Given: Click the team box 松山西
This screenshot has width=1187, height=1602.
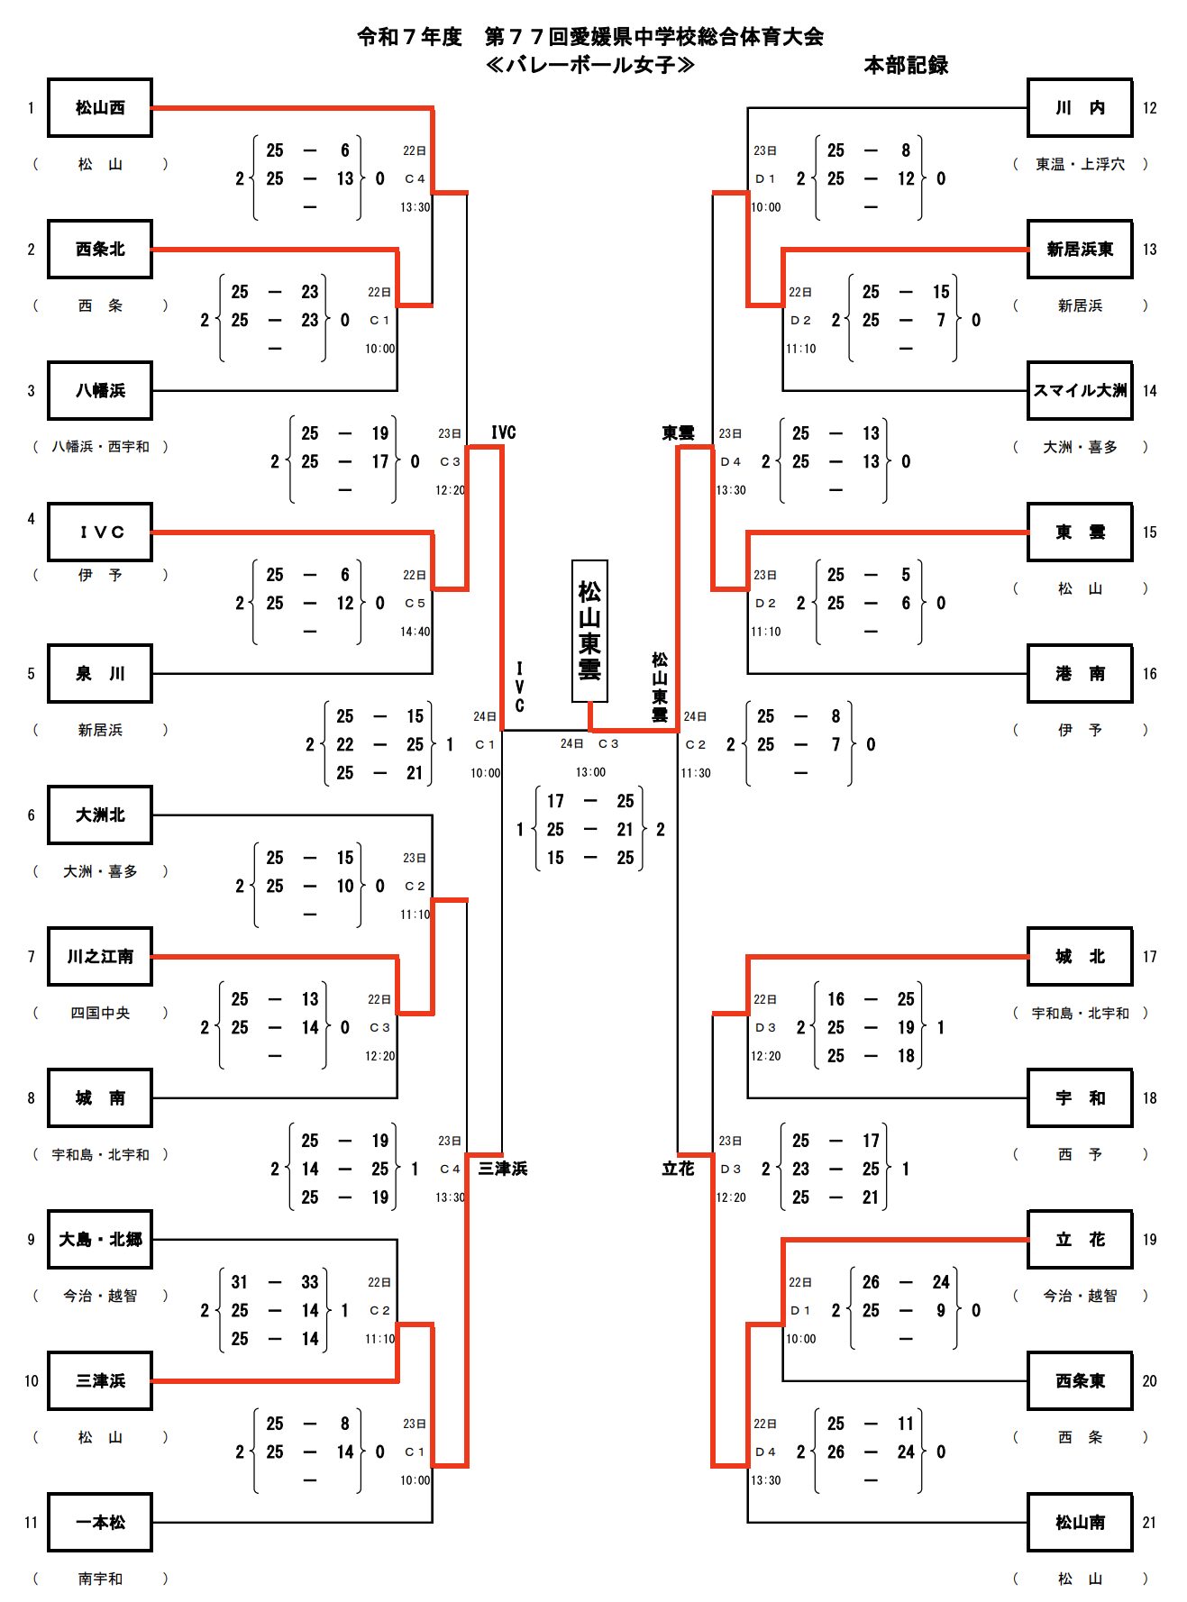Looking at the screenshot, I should pyautogui.click(x=100, y=108).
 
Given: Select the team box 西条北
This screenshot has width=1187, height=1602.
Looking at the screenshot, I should pyautogui.click(x=100, y=250).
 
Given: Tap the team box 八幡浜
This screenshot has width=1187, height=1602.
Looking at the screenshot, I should pyautogui.click(x=100, y=391).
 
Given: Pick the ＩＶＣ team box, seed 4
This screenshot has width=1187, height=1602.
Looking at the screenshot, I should pyautogui.click(x=100, y=532).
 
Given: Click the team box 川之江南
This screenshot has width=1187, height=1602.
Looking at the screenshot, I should pyautogui.click(x=100, y=957).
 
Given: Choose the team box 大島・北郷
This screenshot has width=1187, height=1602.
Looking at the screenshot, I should pyautogui.click(x=100, y=1240).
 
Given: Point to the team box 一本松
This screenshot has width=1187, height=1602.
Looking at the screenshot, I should pyautogui.click(x=100, y=1523).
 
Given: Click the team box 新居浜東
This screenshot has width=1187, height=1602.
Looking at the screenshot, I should pyautogui.click(x=1080, y=250).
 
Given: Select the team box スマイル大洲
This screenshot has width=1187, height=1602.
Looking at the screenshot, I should pyautogui.click(x=1080, y=391).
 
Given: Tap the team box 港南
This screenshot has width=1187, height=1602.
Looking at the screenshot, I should pyautogui.click(x=1080, y=674).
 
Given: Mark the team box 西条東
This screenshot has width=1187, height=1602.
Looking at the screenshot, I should pyautogui.click(x=1080, y=1381).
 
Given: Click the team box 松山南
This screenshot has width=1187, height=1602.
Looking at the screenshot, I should pyautogui.click(x=1080, y=1523).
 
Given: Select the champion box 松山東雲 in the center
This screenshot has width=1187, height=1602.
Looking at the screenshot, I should pyautogui.click(x=589, y=631).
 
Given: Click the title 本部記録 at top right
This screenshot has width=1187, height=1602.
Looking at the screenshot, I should pyautogui.click(x=906, y=65).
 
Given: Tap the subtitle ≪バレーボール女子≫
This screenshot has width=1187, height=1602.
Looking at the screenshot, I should pyautogui.click(x=590, y=65).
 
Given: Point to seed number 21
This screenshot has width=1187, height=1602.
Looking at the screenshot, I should pyautogui.click(x=1149, y=1523).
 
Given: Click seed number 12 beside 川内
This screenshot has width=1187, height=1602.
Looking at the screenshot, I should pyautogui.click(x=1149, y=108).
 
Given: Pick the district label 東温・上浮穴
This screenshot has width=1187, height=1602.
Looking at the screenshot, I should pyautogui.click(x=1080, y=164).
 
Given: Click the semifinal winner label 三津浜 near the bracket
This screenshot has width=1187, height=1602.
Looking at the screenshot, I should pyautogui.click(x=503, y=1169).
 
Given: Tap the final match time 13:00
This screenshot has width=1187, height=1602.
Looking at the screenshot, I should pyautogui.click(x=590, y=772).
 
